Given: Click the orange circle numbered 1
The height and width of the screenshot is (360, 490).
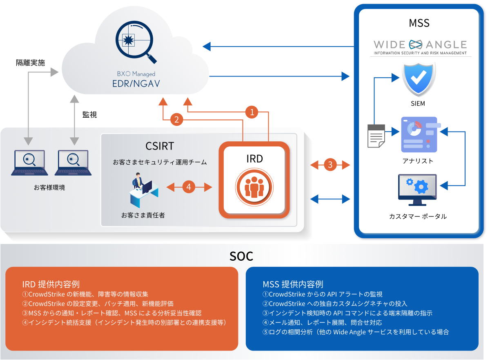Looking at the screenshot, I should (x=252, y=112).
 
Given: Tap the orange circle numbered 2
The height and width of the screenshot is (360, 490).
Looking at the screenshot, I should (x=176, y=120).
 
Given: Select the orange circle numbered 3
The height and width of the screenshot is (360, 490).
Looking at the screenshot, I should (x=330, y=165).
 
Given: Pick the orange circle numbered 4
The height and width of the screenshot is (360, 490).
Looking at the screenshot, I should (x=189, y=187).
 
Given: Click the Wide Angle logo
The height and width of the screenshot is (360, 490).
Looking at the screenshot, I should (x=420, y=46).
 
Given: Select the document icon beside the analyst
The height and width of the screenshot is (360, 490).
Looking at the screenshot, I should (x=376, y=136).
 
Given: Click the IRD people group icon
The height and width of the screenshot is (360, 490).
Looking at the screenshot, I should (x=254, y=186).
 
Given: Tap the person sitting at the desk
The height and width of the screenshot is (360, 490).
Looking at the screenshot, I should (x=141, y=190).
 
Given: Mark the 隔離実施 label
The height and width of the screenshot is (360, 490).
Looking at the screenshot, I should (x=30, y=63).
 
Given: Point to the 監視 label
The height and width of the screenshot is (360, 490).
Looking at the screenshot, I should (x=89, y=115).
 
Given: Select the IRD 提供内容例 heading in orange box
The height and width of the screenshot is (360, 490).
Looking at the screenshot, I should (x=51, y=284).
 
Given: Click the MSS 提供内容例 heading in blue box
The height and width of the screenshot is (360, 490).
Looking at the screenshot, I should (x=293, y=284).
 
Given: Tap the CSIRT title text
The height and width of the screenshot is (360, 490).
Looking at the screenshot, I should (x=160, y=146).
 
